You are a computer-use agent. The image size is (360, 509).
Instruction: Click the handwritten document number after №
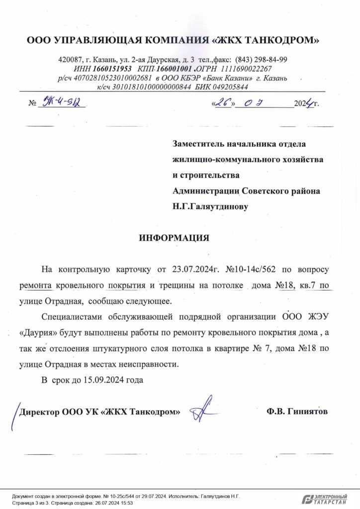(62, 103)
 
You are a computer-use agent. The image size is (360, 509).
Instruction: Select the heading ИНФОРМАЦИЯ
(174, 238)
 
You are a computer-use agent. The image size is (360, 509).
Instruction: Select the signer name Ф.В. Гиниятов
(297, 412)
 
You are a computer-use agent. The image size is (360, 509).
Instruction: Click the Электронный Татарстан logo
(326, 499)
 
